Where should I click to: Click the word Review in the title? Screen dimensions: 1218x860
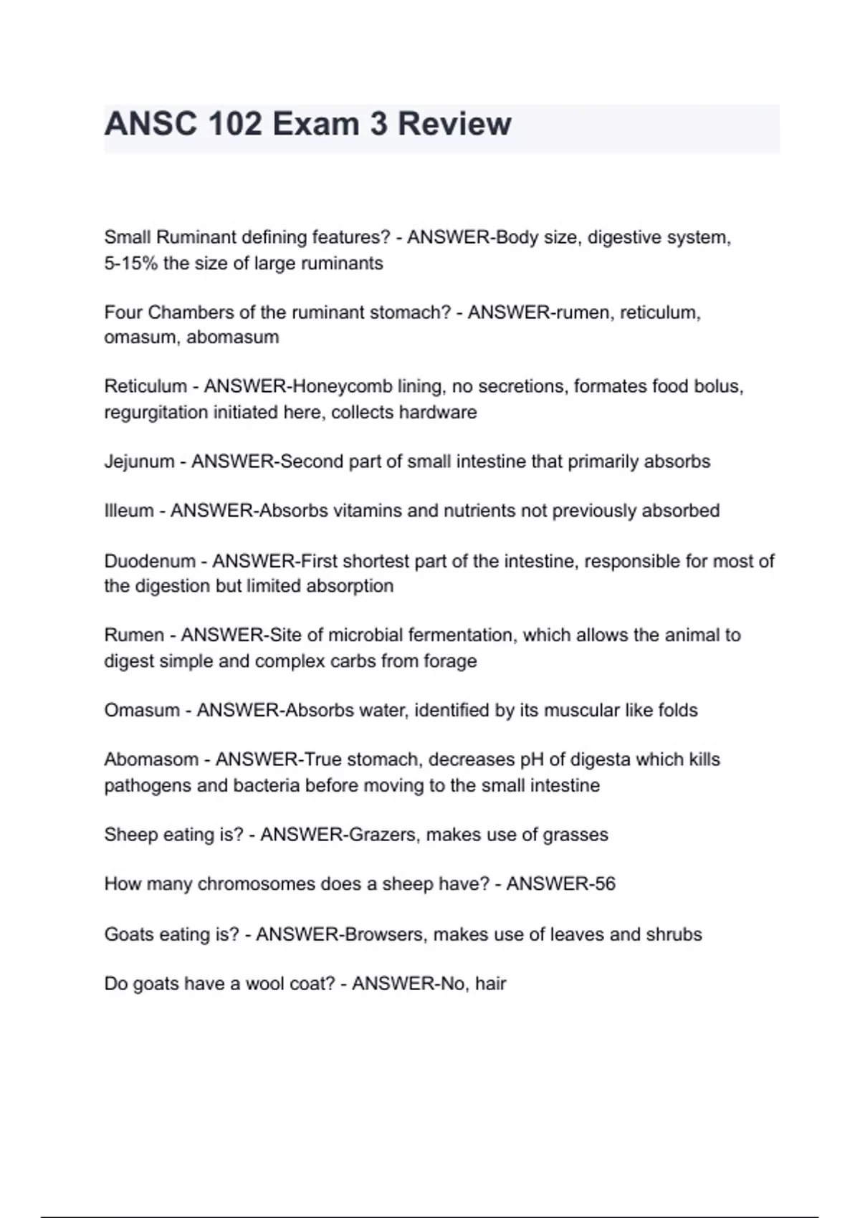coord(454,124)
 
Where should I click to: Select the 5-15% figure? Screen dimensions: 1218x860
coord(131,263)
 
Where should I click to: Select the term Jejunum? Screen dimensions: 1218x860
coord(139,461)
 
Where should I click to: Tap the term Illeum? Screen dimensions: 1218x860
coord(129,511)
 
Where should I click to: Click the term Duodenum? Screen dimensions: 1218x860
coord(150,561)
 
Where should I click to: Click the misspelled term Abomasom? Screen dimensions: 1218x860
coord(151,759)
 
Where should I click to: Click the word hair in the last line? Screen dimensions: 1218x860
coord(491,984)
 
